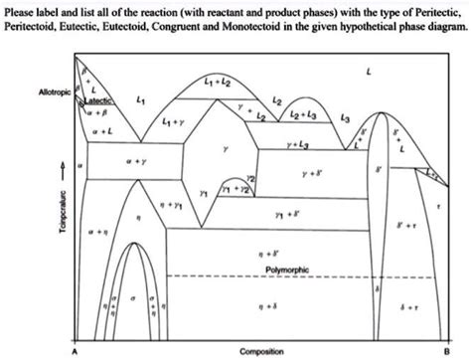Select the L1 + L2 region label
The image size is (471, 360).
218,79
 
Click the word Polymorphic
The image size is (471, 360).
288,270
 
